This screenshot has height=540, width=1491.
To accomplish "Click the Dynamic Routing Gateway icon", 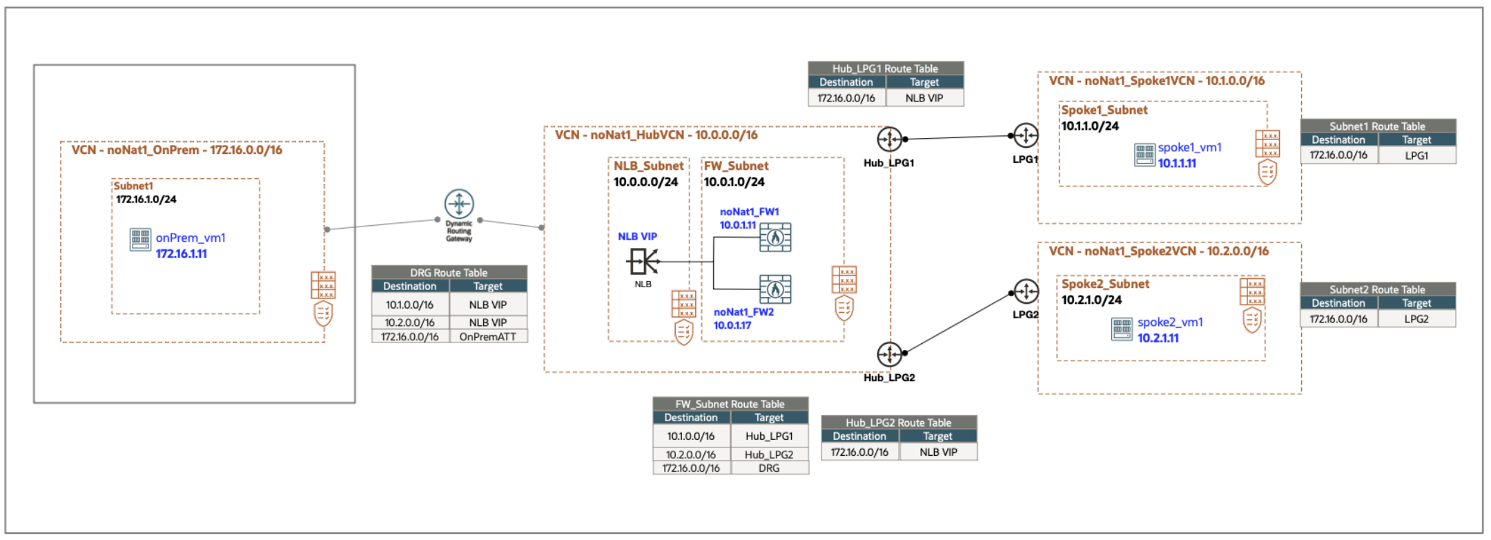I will point(459,204).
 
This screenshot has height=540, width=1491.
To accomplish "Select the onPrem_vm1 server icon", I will point(140,240).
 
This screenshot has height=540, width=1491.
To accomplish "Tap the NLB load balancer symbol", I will point(643,262).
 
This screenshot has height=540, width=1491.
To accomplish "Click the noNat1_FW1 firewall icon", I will point(775,238).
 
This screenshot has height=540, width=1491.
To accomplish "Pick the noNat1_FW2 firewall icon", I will point(775,289).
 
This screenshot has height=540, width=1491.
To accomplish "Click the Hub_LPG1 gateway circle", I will point(889,139).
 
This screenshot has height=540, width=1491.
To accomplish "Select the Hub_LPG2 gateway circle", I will point(889,354).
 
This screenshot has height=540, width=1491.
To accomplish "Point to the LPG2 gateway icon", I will point(1026,291).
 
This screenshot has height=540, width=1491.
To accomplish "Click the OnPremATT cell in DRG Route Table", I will point(488,337).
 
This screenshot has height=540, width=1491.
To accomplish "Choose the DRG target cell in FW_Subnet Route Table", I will point(769,468).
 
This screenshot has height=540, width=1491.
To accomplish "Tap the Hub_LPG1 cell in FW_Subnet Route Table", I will point(769,436).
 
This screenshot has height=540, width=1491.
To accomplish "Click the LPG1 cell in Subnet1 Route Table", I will point(1416,155).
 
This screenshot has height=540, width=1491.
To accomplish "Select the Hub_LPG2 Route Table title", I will point(899,423).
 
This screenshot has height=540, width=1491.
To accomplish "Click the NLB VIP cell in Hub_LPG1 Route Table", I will point(924,98).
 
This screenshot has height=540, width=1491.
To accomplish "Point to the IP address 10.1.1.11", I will point(1177,164).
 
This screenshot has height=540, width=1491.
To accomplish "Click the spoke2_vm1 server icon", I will point(1122,329).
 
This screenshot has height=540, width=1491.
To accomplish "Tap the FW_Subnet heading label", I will point(736,166).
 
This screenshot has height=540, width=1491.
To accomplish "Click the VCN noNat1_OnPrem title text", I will point(177,150).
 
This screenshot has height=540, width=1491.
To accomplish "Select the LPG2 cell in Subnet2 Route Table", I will point(1416,319).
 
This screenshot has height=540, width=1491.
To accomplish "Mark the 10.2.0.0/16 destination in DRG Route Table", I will point(410,322).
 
